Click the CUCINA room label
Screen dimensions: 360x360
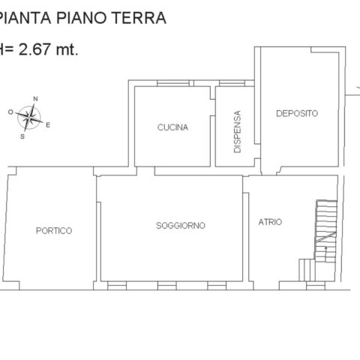click(x=172, y=127)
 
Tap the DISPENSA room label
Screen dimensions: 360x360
click(x=237, y=131)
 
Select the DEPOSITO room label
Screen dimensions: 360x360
click(x=297, y=113)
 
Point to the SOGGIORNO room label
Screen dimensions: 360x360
click(x=181, y=226)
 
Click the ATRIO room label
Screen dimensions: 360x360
click(x=270, y=222)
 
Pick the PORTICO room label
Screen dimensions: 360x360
click(x=54, y=230)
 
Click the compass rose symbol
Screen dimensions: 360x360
click(x=29, y=118)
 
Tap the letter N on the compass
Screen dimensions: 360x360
click(x=35, y=99)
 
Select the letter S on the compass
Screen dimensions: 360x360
click(x=22, y=136)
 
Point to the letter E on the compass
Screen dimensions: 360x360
click(x=48, y=125)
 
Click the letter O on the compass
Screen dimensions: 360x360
click(x=10, y=112)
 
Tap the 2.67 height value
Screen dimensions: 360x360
click(x=34, y=49)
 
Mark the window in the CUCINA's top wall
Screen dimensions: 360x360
click(x=173, y=83)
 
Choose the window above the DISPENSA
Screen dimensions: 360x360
click(x=232, y=83)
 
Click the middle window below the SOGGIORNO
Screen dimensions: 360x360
click(x=167, y=286)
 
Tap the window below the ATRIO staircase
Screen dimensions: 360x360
click(x=316, y=286)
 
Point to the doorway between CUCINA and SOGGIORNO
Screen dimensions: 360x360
click(x=145, y=171)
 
